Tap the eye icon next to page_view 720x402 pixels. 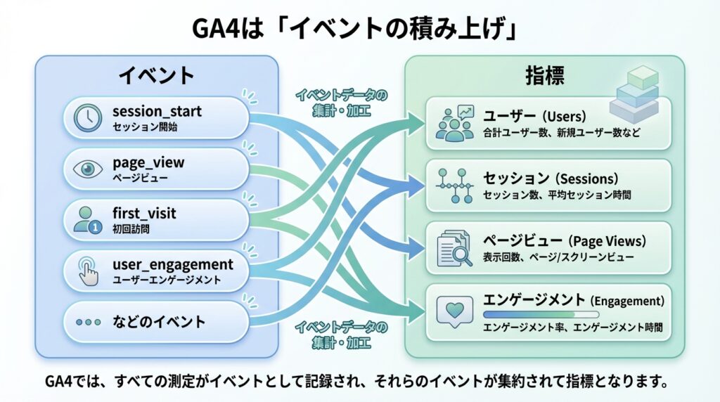click(x=88, y=169)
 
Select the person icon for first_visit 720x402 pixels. click(x=88, y=219)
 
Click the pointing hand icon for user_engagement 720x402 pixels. click(x=88, y=271)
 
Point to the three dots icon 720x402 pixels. click(x=88, y=322)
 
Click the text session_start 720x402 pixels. click(x=157, y=111)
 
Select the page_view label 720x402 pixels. click(x=148, y=162)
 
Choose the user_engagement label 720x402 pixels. click(x=172, y=264)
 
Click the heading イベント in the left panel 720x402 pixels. click(x=155, y=76)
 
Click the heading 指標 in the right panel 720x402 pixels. click(x=544, y=76)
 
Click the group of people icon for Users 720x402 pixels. click(x=455, y=123)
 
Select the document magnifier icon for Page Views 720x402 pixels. click(x=454, y=246)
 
